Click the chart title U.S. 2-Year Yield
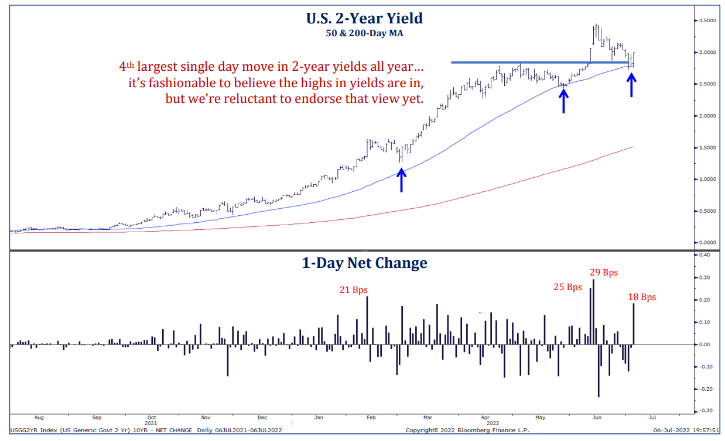364,18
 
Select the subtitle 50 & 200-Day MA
364,33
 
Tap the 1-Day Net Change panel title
364,263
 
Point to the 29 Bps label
603,273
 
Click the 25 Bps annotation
567,287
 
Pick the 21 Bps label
354,290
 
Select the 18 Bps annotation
642,297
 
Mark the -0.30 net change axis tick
705,411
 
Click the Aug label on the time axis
39,418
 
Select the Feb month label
371,418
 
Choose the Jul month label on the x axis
652,418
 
